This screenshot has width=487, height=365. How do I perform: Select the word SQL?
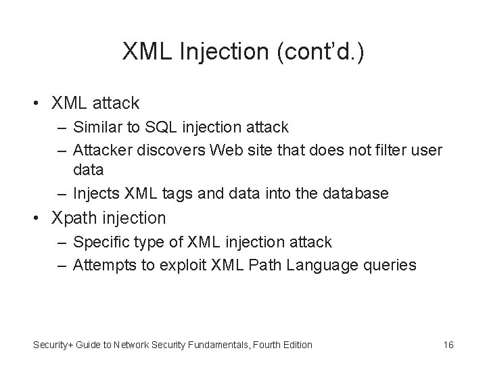pyautogui.click(x=184, y=126)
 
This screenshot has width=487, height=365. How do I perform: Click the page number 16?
pyautogui.click(x=448, y=345)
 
